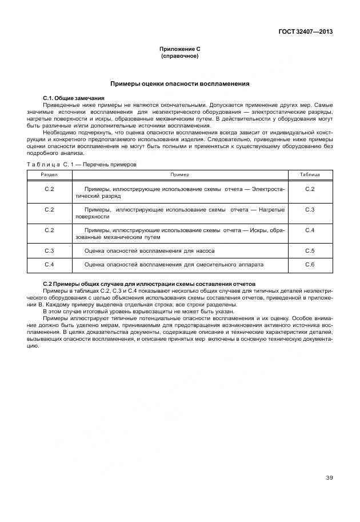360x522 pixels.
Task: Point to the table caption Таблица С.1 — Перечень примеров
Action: pyautogui.click(x=81, y=164)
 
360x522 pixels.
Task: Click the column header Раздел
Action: pyautogui.click(x=49, y=174)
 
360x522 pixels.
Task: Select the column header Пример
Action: pyautogui.click(x=179, y=174)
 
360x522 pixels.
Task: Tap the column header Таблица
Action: pyautogui.click(x=310, y=174)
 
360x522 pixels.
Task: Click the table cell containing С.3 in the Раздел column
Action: pyautogui.click(x=49, y=250)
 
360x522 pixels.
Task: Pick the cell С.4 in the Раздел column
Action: pyautogui.click(x=49, y=265)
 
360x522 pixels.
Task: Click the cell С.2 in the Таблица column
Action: pyautogui.click(x=310, y=189)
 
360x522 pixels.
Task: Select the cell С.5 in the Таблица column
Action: pyautogui.click(x=310, y=250)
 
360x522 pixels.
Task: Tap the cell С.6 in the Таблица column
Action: pyautogui.click(x=310, y=265)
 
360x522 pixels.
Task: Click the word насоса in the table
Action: pyautogui.click(x=204, y=250)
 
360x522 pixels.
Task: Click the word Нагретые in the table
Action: pyautogui.click(x=271, y=210)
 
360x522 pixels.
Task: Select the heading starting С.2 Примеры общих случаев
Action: pyautogui.click(x=149, y=284)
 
